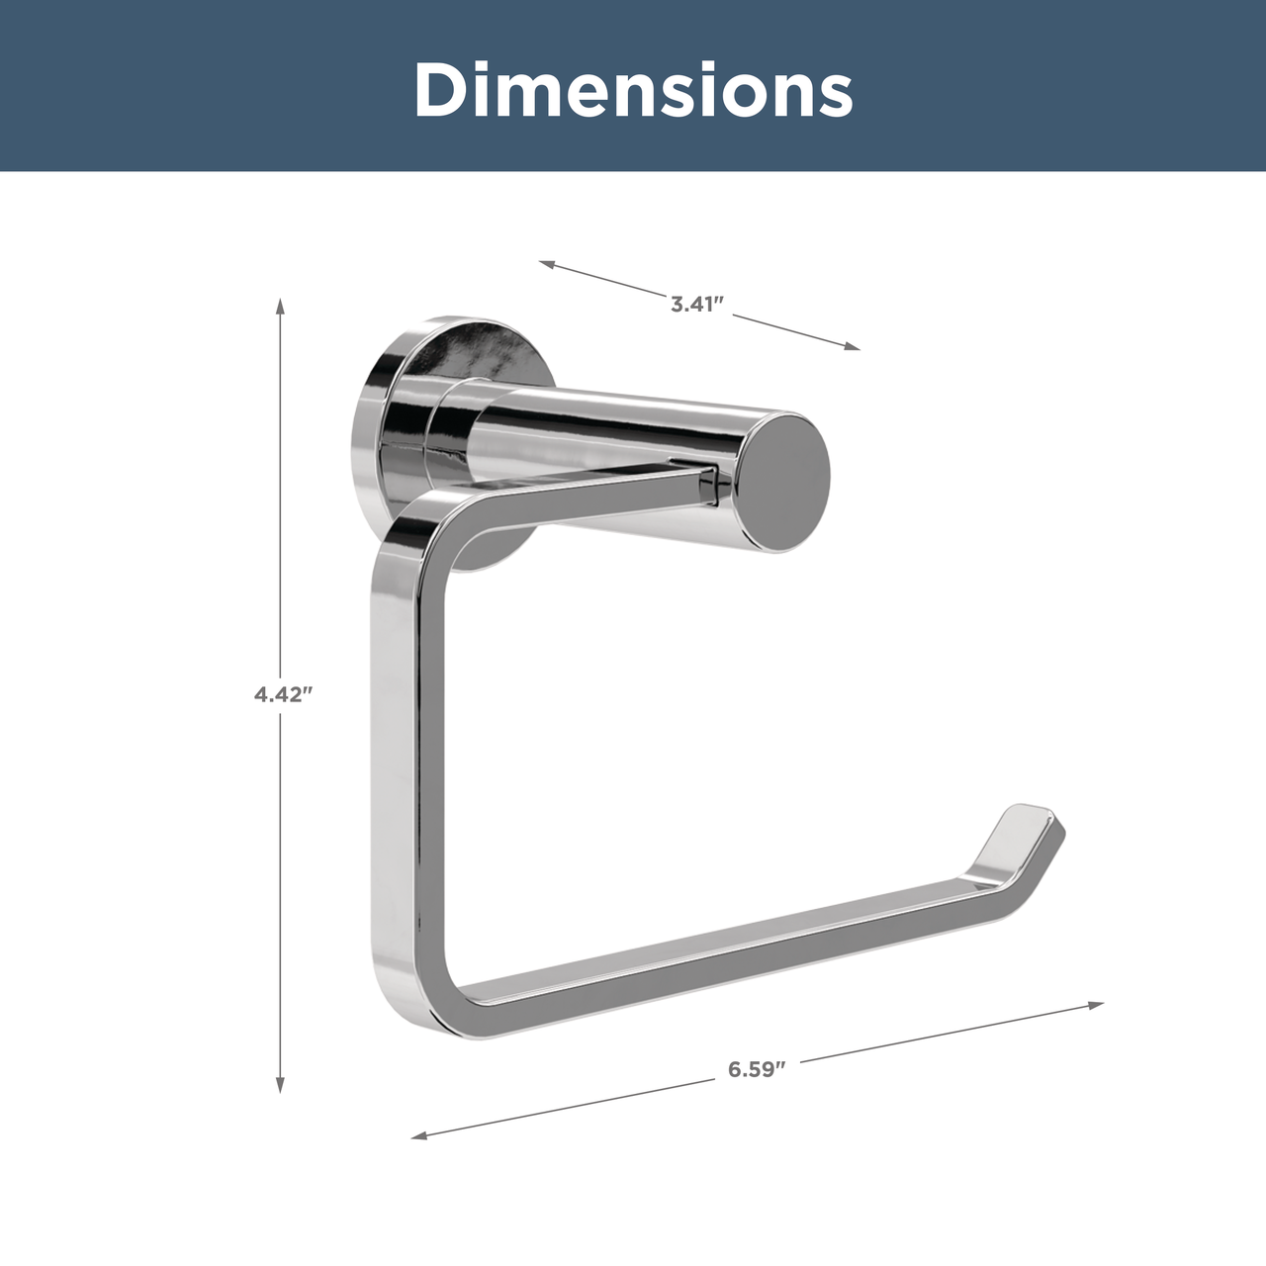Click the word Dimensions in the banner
(633, 89)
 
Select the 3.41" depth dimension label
(697, 305)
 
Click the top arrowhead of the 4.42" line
(280, 307)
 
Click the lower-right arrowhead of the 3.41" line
(853, 345)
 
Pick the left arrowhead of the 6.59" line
(419, 1135)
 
